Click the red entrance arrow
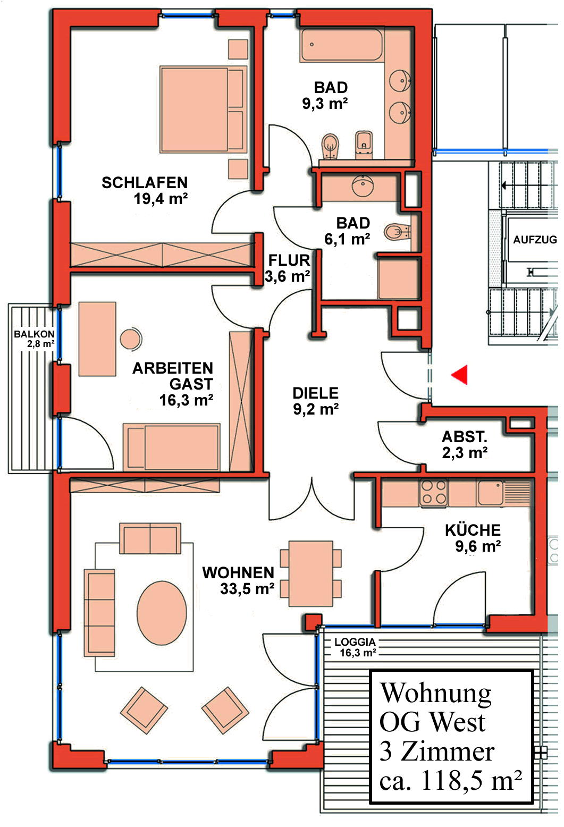coord(460,374)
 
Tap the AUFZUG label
coord(534,240)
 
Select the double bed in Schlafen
coord(203,109)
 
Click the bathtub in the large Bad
coord(341,46)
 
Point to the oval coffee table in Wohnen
coord(162,613)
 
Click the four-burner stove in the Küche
coord(434,493)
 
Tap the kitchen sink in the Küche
coord(490,492)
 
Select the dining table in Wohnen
coord(310,573)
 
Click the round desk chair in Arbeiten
coord(130,339)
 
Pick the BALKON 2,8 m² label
coord(34,339)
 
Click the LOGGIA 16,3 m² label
coord(356,647)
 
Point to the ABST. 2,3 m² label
coord(465,445)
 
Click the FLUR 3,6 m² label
coord(288,268)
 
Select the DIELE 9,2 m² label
coord(316,401)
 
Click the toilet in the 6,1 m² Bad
coord(397,232)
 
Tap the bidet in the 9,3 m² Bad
coord(364,144)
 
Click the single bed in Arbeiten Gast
coord(172,446)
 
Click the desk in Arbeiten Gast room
coord(97,339)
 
